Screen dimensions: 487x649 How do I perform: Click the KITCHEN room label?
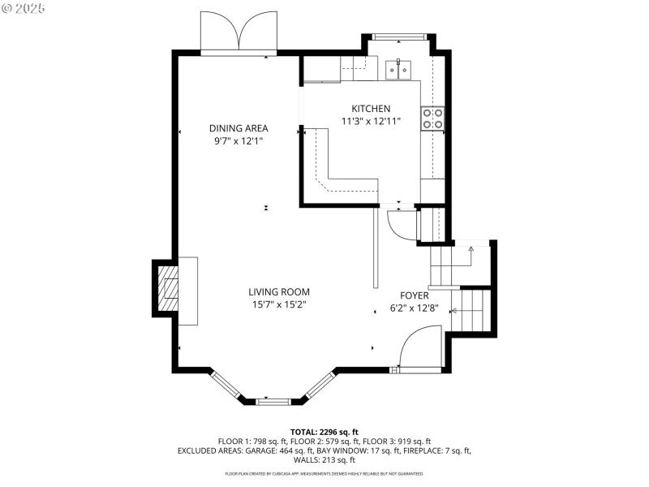371,109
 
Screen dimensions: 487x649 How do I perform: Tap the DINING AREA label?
239,128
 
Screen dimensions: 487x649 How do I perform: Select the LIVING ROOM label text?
278,292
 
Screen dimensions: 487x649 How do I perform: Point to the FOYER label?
414,295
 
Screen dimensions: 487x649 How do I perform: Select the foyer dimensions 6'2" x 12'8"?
414,308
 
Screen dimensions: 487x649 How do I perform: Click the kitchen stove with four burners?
432,119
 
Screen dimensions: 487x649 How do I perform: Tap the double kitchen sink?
398,70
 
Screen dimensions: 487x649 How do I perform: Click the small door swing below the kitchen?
400,225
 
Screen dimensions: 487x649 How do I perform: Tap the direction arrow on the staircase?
471,251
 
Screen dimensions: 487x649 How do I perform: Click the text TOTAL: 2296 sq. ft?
324,432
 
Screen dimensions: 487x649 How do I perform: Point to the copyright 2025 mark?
24,7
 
